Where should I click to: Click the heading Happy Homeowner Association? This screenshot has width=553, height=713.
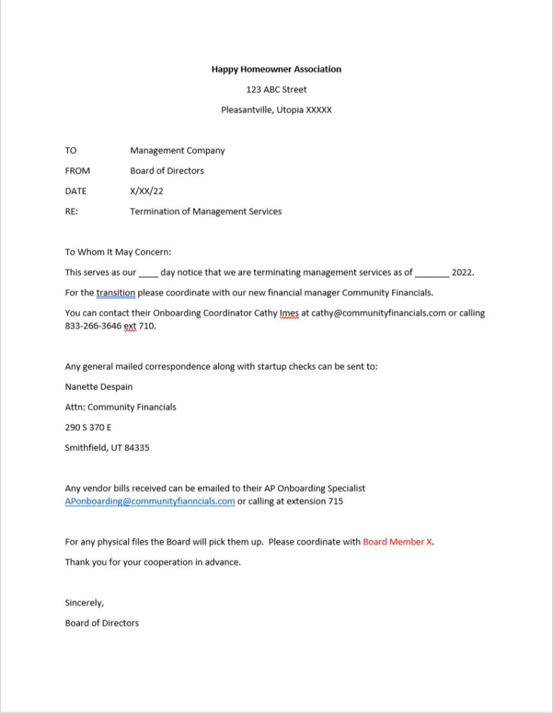tap(276, 69)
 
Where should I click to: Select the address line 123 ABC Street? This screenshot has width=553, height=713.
tap(276, 89)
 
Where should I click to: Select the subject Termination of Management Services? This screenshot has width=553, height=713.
tap(205, 212)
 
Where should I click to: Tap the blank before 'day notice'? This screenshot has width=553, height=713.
tap(148, 273)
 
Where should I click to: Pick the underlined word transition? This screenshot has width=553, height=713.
tap(115, 293)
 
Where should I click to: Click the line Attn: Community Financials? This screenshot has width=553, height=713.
tap(120, 407)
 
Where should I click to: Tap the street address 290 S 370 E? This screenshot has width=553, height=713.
tap(88, 427)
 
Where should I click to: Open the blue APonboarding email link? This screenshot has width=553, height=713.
tap(150, 501)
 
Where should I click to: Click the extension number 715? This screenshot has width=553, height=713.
tap(336, 501)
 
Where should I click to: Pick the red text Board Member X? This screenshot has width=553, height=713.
tap(398, 542)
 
